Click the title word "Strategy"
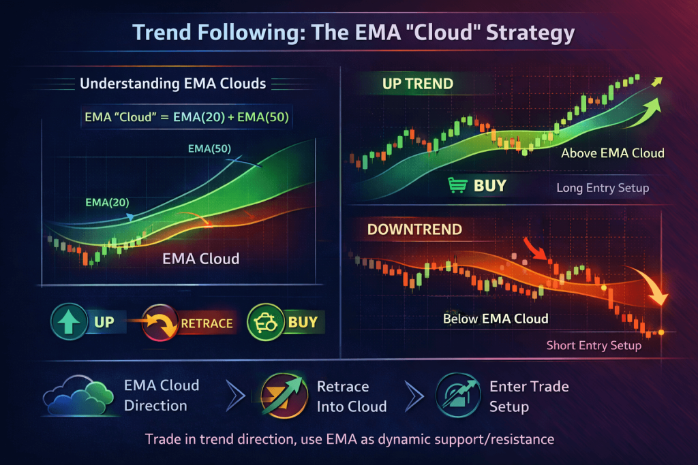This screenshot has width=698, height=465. coord(530,33)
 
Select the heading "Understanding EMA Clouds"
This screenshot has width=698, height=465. coord(172,84)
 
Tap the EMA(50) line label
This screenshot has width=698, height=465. coord(209,148)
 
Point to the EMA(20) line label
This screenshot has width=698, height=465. coord(107,203)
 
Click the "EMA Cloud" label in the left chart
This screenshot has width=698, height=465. coord(201,259)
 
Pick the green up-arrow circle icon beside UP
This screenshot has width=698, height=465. coord(69,321)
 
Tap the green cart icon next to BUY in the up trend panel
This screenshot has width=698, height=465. coord(457,185)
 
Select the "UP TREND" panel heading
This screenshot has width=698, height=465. coord(418,84)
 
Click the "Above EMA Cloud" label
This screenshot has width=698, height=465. coord(613,153)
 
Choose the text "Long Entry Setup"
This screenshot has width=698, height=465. coord(603,188)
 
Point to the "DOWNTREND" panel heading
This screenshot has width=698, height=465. coord(414,229)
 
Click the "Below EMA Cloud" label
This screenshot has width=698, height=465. coord(496,319)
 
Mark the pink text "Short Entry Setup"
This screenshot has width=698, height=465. coord(594,345)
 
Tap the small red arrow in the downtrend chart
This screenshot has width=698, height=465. coord(534,248)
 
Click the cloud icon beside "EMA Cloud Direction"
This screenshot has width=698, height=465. coord(78,396)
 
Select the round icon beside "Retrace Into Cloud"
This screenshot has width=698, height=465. coord(284,396)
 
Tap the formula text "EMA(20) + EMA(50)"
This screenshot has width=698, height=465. coord(231,117)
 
